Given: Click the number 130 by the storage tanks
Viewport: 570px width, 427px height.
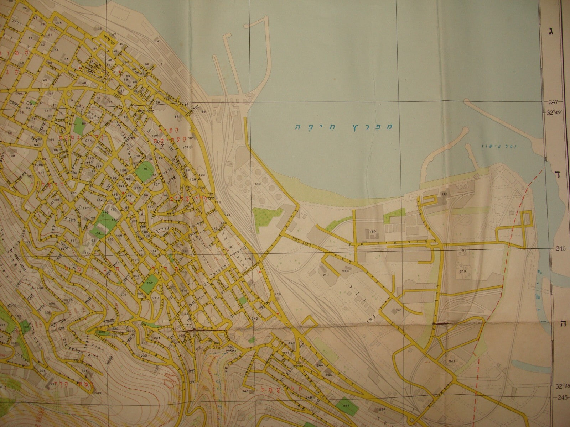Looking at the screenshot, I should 258,184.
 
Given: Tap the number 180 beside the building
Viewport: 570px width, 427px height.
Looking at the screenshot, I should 372,231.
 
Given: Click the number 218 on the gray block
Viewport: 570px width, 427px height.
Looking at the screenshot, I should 345,271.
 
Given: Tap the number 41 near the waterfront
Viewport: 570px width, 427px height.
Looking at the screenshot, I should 159,42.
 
